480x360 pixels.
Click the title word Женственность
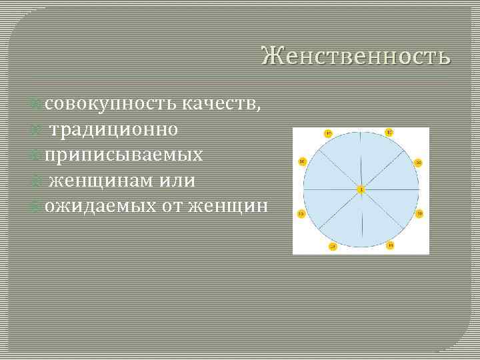coord(356,57)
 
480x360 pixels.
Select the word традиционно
coord(121,129)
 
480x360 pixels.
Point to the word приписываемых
coord(124,155)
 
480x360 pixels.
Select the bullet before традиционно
coord(39,129)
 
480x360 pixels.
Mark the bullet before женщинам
coord(39,180)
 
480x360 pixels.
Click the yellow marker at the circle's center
coord(361,190)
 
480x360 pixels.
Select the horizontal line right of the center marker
coord(390,190)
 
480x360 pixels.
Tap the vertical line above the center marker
coord(361,160)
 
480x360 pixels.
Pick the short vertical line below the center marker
coord(361,220)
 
